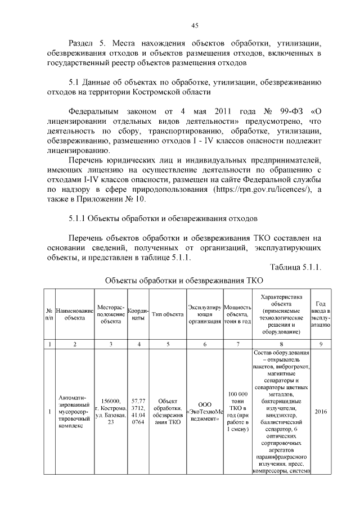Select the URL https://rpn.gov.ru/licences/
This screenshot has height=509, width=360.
click(x=261, y=190)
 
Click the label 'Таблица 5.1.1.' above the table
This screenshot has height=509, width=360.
click(x=295, y=267)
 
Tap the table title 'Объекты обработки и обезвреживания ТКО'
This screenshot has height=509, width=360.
click(x=183, y=280)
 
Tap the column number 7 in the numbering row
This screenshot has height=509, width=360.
click(x=237, y=344)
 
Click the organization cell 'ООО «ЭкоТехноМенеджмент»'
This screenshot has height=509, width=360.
click(x=204, y=412)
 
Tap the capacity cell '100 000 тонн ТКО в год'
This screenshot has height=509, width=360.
click(x=237, y=412)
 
